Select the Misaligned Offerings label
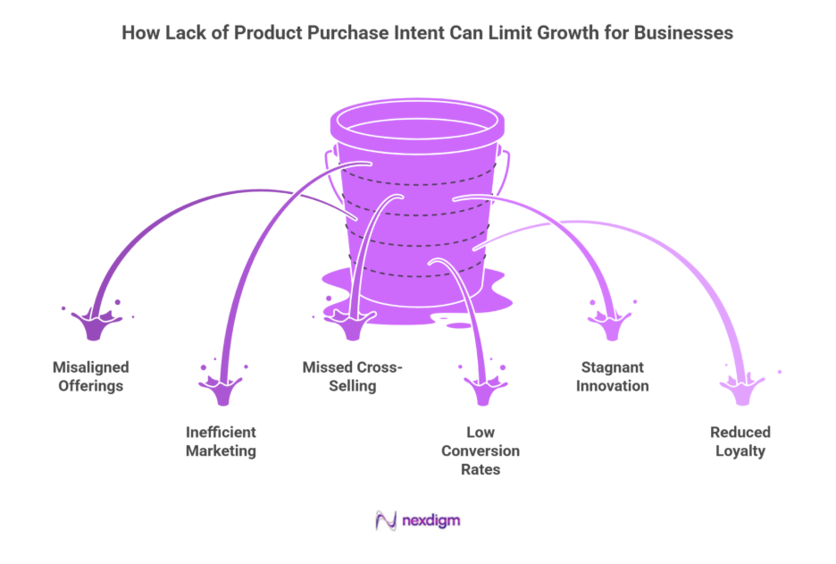(x=90, y=376)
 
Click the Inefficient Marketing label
(x=221, y=442)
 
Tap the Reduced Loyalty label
(x=740, y=442)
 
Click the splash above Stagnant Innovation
(x=612, y=324)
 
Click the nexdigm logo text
(x=431, y=519)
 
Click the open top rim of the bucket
(x=417, y=122)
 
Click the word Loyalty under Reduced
(x=740, y=451)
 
